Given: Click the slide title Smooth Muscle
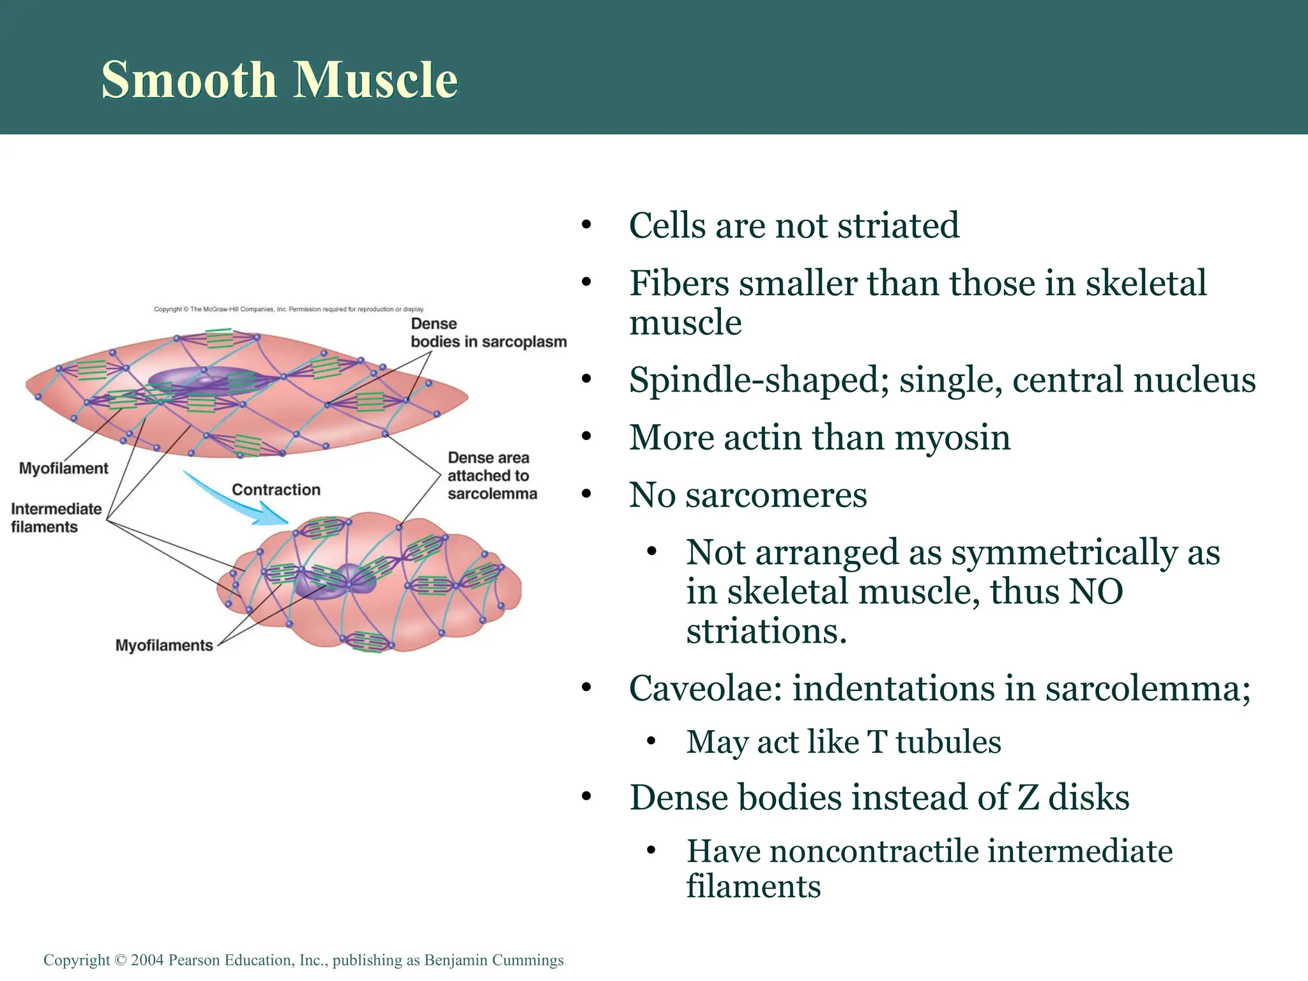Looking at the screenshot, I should [280, 79].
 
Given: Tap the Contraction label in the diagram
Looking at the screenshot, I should [276, 490].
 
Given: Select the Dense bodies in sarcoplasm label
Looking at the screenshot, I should [488, 333].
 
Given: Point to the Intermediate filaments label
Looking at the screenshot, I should [56, 518].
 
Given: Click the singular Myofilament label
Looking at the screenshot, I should [64, 468].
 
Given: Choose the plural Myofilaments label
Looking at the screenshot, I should [164, 645].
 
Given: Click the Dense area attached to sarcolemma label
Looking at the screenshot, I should [492, 476].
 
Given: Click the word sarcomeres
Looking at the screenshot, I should [776, 495].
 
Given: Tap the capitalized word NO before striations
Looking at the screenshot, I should [1096, 591].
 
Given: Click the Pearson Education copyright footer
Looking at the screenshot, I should [303, 960].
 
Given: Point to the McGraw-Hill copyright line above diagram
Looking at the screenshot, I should [289, 309].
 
